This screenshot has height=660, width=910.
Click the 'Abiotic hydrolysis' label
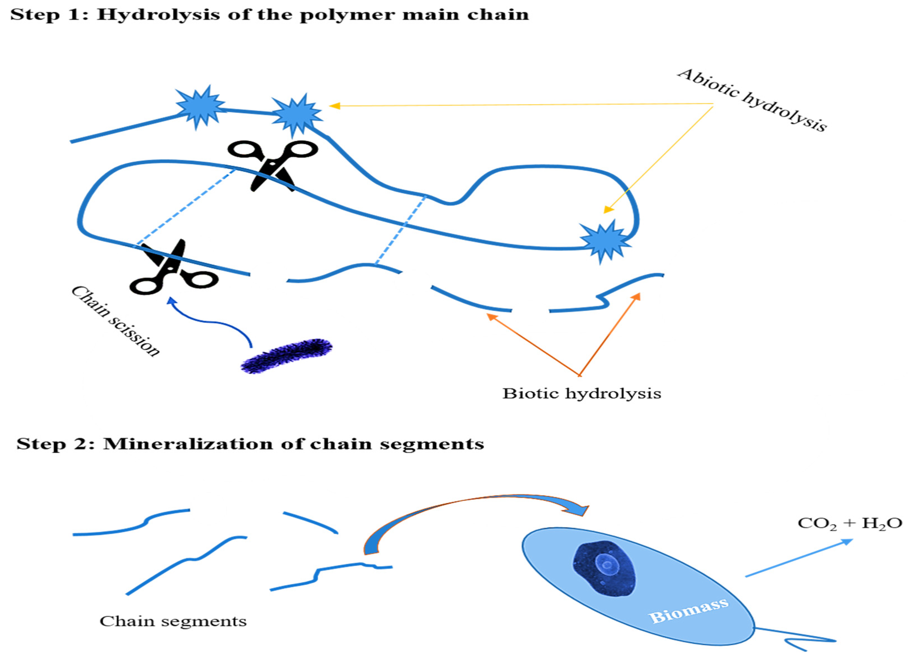pos(752,100)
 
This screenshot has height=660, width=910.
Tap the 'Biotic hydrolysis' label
pos(581,394)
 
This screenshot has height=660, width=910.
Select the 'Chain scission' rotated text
pos(116,321)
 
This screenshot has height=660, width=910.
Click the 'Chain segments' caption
pos(173,622)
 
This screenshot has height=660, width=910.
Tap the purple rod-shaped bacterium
pos(286,356)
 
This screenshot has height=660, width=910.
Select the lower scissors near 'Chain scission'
pos(173,268)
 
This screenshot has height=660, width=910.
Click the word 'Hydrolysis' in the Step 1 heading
pos(159,15)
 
